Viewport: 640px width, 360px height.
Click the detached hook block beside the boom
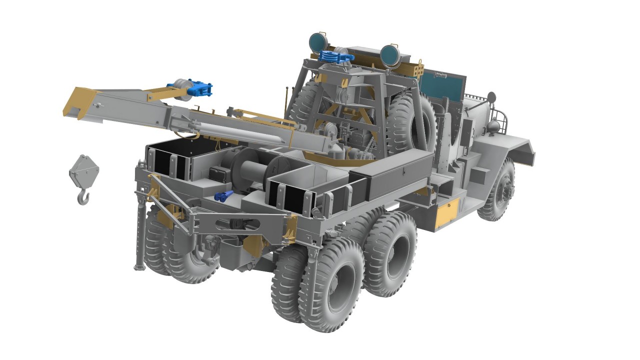[84, 175]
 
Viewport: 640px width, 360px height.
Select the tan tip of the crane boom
[80, 102]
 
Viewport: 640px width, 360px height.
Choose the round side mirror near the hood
[491, 97]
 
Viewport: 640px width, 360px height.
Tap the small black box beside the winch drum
[218, 174]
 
